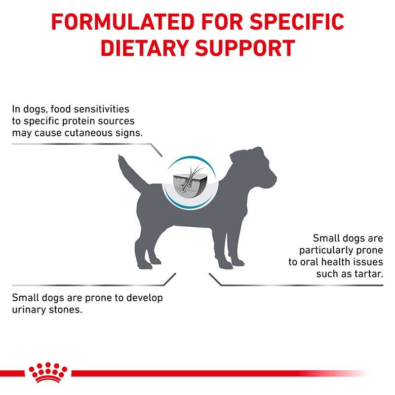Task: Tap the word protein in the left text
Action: coord(71,121)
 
